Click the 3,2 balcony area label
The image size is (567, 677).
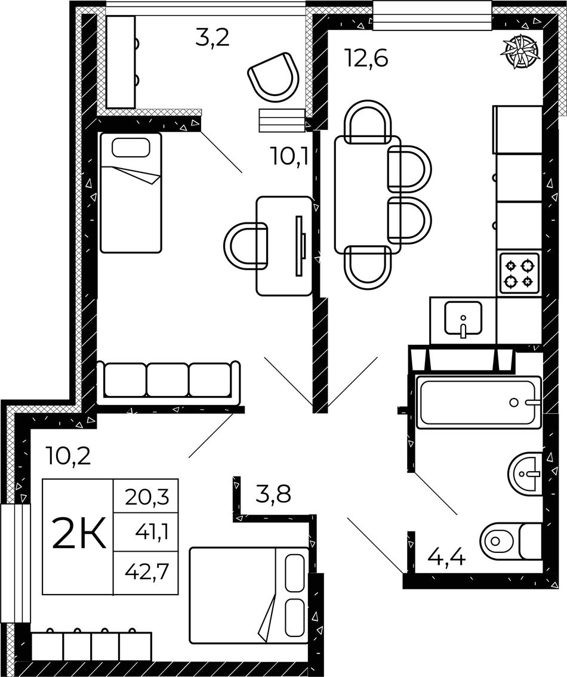pos(212,38)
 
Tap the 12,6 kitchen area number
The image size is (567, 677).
pos(366,57)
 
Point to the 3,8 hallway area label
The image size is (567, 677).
pos(273,494)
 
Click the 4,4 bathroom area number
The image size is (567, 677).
pos(446,559)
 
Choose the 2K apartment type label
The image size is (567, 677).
pos(79,534)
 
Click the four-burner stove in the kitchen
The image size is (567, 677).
pos(519,273)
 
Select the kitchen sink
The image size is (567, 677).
pos(463,319)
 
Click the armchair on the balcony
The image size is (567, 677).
pos(274,76)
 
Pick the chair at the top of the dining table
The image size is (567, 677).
pos(369,122)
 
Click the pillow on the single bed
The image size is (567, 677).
pos(131,148)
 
